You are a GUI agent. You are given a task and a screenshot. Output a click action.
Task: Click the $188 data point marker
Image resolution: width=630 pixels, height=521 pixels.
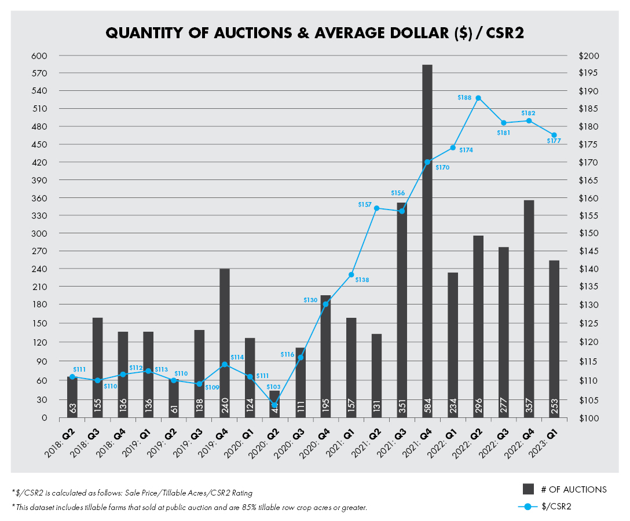click(478, 98)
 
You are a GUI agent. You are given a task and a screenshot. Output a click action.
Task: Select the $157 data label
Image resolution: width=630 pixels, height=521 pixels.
click(365, 204)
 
